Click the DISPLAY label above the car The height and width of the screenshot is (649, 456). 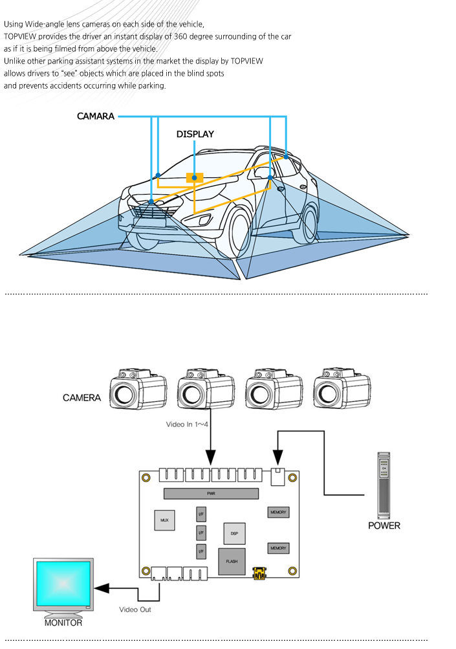(x=195, y=135)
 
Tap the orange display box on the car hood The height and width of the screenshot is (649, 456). (x=194, y=177)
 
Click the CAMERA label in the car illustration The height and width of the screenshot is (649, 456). (x=95, y=116)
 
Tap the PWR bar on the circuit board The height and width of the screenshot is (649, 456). (x=210, y=493)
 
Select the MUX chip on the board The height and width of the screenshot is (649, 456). (x=164, y=520)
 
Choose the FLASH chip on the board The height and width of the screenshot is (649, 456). (x=232, y=562)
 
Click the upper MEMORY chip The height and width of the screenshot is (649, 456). (x=278, y=512)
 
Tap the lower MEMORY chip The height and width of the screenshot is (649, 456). (x=278, y=548)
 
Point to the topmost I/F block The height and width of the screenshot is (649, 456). (x=201, y=515)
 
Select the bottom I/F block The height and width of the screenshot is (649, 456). (x=201, y=551)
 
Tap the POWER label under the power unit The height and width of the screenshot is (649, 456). (x=384, y=525)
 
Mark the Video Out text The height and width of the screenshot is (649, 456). (x=135, y=610)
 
